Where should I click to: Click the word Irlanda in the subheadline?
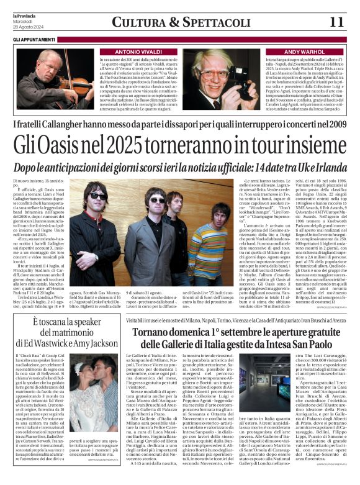tap(326, 167)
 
